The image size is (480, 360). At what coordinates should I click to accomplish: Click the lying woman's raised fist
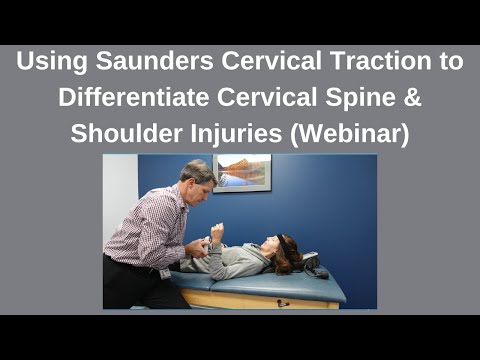[x=217, y=232]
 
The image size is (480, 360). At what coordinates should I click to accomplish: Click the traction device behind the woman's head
[x=312, y=264]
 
